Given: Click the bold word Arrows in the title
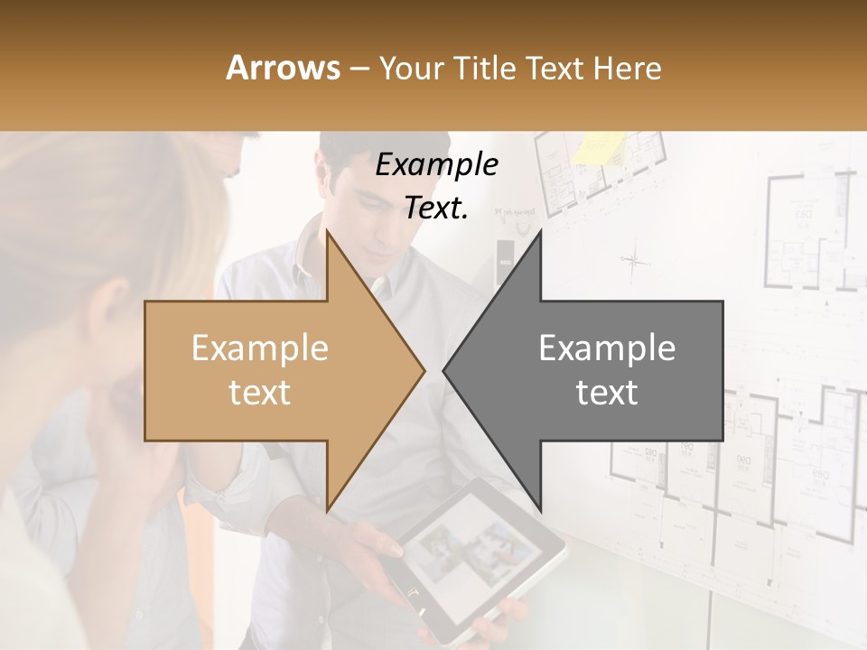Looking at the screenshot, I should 284,68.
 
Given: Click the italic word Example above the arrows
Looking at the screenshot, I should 436,165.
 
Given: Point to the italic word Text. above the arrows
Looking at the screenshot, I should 436,209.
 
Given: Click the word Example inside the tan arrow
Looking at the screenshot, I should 260,348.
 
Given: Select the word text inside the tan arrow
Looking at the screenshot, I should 260,392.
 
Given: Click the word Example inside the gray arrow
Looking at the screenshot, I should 607,348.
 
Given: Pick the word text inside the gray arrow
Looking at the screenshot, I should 607,392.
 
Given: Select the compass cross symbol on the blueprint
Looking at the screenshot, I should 635,262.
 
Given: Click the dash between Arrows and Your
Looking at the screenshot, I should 359,69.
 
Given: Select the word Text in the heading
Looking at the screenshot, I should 555,68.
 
